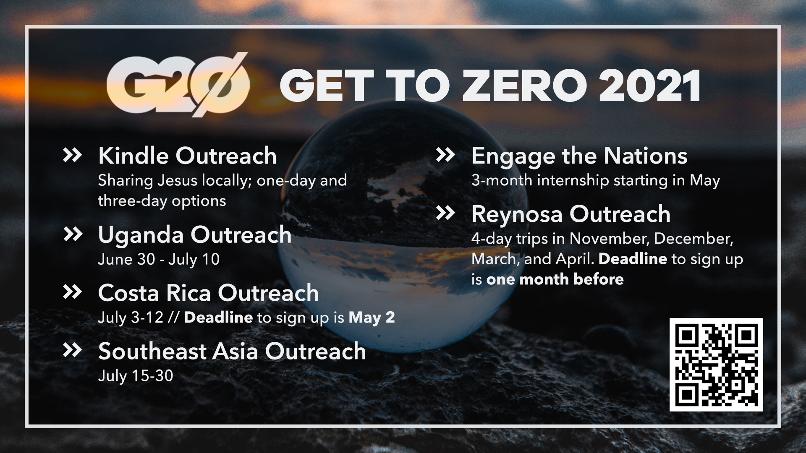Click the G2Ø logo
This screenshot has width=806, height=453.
pos(178,85)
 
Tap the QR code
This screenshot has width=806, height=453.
pos(716,364)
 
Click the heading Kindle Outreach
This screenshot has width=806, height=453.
pos(187,156)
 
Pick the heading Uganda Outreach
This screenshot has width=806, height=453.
pos(195,235)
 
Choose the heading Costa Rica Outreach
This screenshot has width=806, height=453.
pos(208,293)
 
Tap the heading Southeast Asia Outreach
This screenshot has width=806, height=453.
pos(232,351)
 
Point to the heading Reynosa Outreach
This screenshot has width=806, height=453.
pos(571,215)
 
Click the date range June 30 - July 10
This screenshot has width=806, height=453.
pos(159,259)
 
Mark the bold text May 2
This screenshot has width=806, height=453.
pos(372,318)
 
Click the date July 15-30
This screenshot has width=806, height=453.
pos(136,376)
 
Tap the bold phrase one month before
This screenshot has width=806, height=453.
pos(555,279)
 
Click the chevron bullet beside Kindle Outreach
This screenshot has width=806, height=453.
pos(72,155)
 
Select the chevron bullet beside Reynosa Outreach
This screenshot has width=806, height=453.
pos(446,213)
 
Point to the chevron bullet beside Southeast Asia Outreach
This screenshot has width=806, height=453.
pos(72,350)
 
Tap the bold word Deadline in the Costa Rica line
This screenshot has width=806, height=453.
pos(218,318)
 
